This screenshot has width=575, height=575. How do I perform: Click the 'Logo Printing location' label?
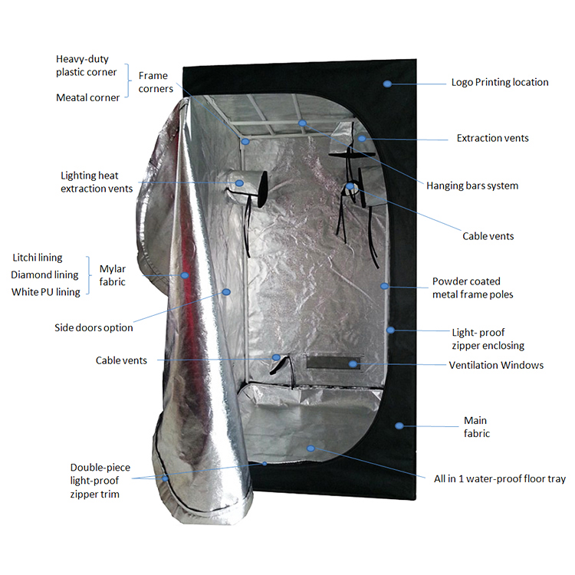pos(500,83)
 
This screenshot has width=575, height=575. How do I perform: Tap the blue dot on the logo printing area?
pos(387,84)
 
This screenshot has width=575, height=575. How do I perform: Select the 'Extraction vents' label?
pos(492,138)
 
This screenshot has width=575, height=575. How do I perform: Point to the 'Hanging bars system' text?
pos(472,186)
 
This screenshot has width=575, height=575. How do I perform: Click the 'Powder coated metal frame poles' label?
pos(472,287)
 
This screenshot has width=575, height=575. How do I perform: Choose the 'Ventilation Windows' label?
pos(496,365)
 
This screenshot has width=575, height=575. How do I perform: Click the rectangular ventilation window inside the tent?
pos(333,363)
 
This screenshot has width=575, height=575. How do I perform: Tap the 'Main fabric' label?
pos(477,427)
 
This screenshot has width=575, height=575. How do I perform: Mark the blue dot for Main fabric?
pos(399,426)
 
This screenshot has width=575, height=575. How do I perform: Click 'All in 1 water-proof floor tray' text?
pos(500,479)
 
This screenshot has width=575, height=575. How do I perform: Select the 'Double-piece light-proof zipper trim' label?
pos(100,481)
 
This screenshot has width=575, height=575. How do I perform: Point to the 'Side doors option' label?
pos(94,328)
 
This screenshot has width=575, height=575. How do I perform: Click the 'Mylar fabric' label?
pos(112,275)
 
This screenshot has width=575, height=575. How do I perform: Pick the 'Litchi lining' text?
pos(38,258)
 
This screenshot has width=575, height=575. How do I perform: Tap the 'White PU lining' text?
pos(45,292)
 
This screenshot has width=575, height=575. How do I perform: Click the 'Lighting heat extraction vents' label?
pos(97,182)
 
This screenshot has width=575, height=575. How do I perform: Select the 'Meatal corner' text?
pos(87,98)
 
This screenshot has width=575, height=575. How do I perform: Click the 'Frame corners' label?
pos(156,82)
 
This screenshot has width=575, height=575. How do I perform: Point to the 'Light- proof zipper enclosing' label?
pos(488,339)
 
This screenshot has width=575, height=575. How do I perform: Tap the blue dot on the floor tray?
pos(310,449)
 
